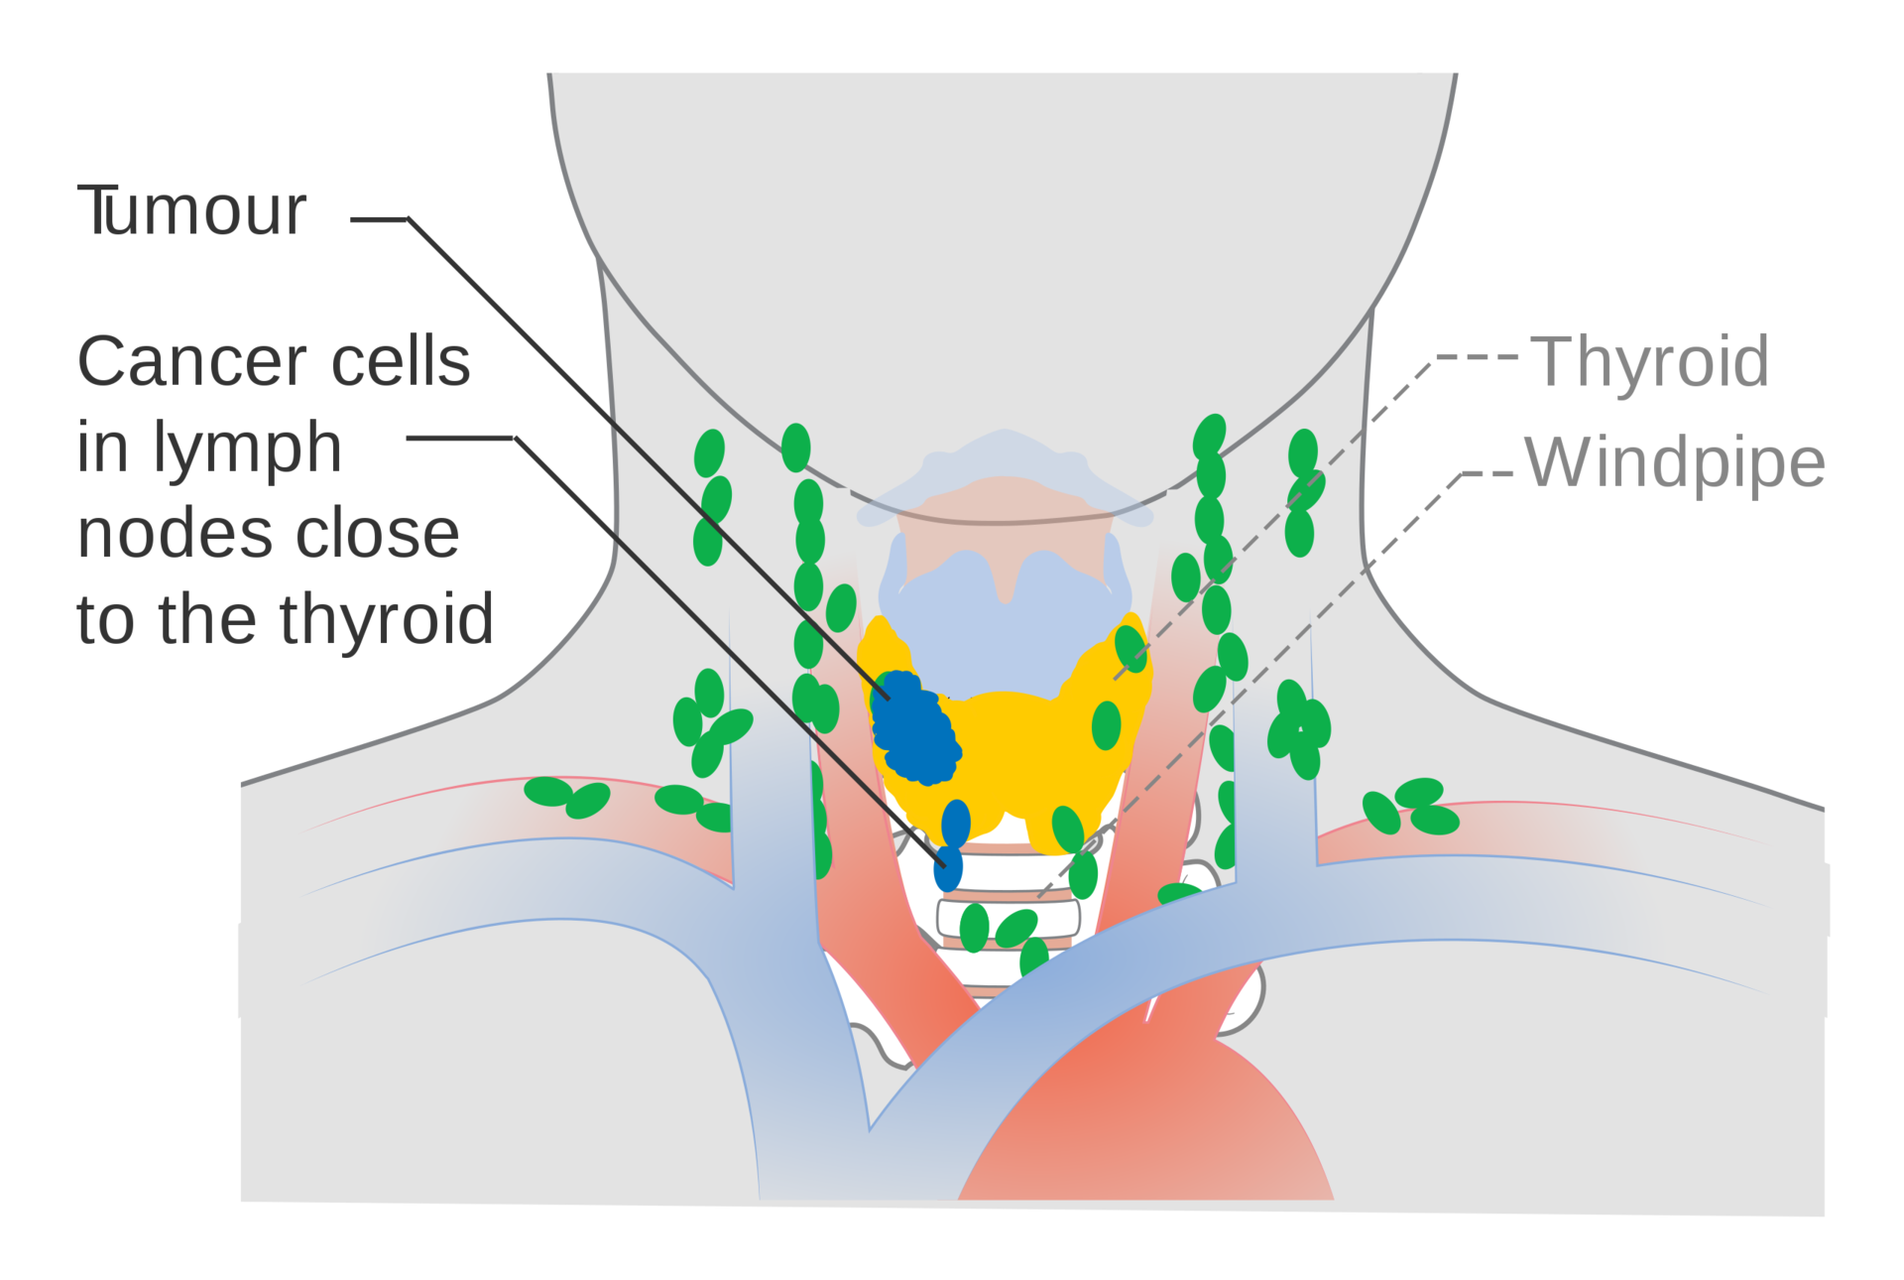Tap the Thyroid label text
pyautogui.click(x=1652, y=362)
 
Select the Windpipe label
pyautogui.click(x=1674, y=462)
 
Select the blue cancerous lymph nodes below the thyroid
pyautogui.click(x=952, y=843)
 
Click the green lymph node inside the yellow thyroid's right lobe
pyautogui.click(x=1107, y=725)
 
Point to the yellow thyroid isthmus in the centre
pyautogui.click(x=1011, y=734)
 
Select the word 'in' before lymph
pyautogui.click(x=102, y=448)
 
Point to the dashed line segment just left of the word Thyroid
pyautogui.click(x=1478, y=359)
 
